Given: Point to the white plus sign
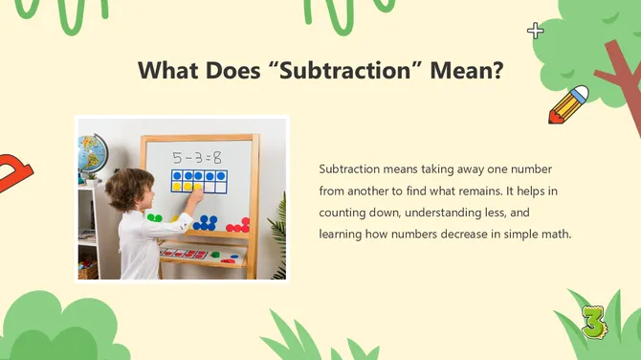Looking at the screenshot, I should pyautogui.click(x=536, y=31).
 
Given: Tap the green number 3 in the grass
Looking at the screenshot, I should pyautogui.click(x=593, y=322).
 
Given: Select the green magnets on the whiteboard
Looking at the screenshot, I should pyautogui.click(x=155, y=218).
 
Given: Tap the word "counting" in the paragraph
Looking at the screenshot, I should pyautogui.click(x=343, y=213).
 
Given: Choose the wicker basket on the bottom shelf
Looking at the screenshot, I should pyautogui.click(x=88, y=269).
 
